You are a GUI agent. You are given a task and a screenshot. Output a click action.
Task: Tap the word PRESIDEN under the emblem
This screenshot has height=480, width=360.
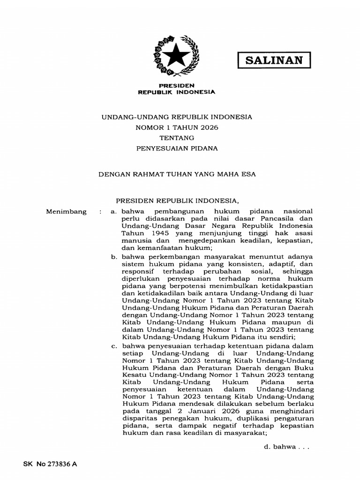176,86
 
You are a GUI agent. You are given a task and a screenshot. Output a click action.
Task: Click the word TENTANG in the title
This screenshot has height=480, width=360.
176,137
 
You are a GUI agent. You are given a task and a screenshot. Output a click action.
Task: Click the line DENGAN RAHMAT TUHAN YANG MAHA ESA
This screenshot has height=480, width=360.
176,173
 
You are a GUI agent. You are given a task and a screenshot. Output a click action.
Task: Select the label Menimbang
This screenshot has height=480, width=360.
66,211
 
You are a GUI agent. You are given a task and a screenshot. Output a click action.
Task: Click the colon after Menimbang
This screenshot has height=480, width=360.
100,211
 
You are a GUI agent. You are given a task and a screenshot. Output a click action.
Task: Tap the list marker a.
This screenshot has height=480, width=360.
113,211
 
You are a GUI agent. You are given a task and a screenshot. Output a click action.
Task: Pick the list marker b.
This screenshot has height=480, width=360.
113,256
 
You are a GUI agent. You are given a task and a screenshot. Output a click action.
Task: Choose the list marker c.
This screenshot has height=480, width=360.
113,346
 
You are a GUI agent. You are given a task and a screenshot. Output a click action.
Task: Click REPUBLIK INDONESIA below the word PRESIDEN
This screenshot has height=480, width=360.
176,92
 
